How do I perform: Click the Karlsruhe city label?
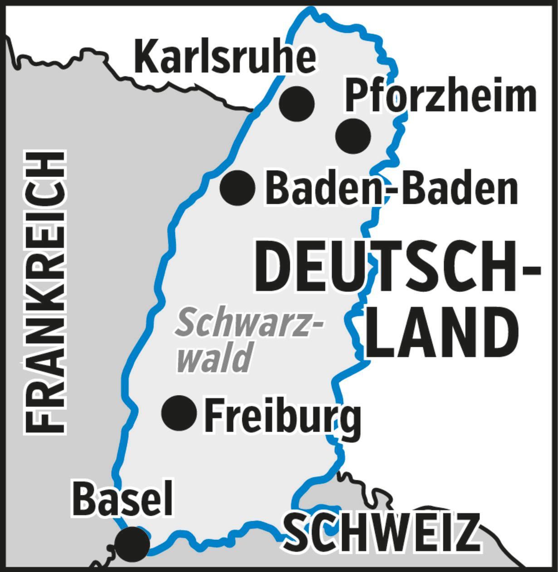coord(225,57)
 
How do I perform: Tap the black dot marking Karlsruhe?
coord(297,104)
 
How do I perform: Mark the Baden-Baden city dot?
coord(237,187)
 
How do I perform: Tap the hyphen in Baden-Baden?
coord(391,191)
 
